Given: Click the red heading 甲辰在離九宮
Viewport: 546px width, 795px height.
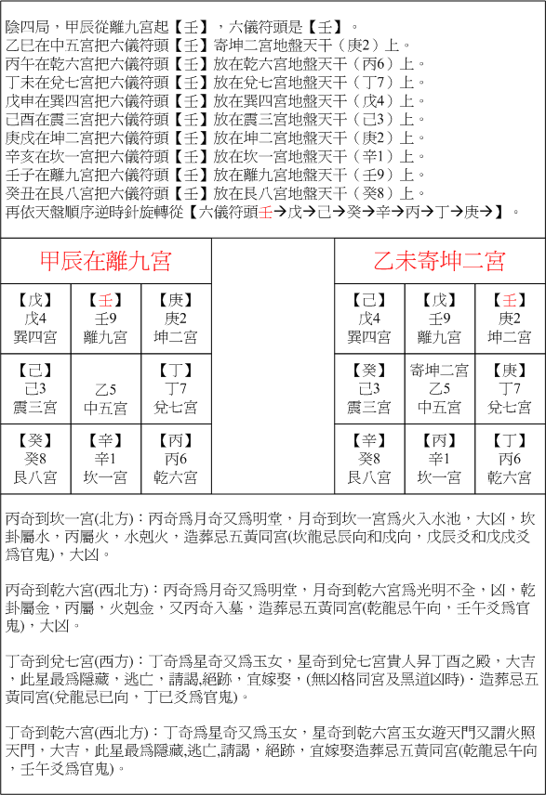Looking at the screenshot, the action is click(105, 260).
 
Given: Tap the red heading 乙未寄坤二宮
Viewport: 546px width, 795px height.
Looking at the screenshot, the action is click(439, 260).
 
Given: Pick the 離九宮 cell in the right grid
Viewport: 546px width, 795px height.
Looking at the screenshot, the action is click(439, 318).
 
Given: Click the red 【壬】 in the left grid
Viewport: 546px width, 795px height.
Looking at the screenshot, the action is click(105, 301).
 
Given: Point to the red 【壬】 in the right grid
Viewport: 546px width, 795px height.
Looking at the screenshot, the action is click(510, 301).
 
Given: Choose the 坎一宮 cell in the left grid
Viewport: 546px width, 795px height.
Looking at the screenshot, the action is click(105, 459).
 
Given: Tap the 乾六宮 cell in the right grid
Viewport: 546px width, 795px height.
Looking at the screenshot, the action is click(510, 459).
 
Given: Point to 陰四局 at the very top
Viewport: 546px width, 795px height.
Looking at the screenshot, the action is click(26, 11).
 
